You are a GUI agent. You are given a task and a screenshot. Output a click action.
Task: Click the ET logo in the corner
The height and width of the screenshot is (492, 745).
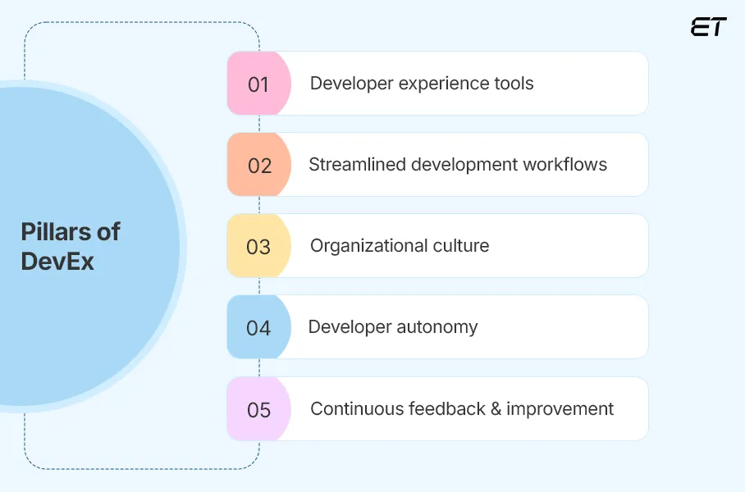click(x=708, y=27)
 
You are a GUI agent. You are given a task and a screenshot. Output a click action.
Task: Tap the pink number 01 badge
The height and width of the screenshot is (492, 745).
click(x=258, y=84)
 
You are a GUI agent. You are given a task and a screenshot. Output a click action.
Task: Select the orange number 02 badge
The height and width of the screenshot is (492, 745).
click(x=259, y=166)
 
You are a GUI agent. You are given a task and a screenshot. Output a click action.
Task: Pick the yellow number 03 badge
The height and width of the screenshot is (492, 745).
click(x=258, y=247)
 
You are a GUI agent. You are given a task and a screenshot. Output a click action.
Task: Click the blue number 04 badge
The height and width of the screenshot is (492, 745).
click(x=258, y=328)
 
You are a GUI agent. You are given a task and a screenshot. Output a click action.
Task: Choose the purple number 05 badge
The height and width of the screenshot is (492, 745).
click(x=258, y=409)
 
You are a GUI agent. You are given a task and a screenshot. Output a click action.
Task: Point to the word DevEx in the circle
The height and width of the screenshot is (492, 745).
click(x=57, y=262)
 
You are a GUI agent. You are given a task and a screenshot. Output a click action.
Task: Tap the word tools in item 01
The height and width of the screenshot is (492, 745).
click(x=513, y=84)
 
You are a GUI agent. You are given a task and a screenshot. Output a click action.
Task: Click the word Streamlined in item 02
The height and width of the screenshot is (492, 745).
click(x=357, y=165)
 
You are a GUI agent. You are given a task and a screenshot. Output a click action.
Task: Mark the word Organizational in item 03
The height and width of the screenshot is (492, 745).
click(x=368, y=246)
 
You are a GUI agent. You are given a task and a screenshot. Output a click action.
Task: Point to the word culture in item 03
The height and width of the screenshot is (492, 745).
click(x=460, y=246)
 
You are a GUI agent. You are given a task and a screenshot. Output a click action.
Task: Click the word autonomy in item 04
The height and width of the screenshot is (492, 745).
click(x=436, y=327)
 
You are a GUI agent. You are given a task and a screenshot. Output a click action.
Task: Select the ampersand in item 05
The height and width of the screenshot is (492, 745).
click(x=496, y=408)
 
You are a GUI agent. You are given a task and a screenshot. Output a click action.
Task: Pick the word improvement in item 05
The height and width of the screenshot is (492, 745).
click(x=560, y=408)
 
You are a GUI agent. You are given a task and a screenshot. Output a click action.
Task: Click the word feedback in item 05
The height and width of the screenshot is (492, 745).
click(x=445, y=408)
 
